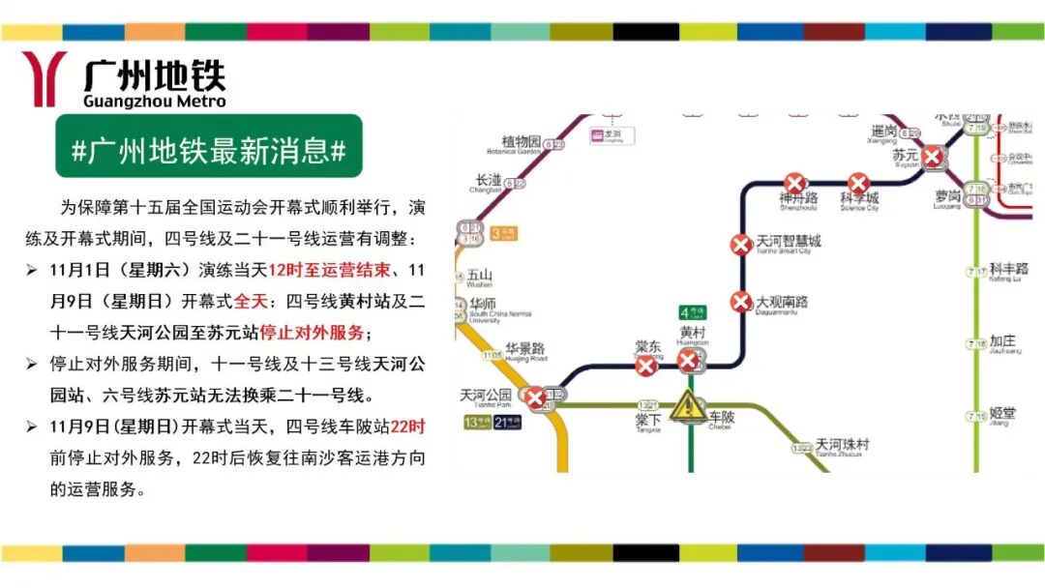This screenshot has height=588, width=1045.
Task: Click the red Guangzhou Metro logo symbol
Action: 44,78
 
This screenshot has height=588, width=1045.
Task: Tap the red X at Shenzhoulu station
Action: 794,183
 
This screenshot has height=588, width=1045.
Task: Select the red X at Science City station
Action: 858,183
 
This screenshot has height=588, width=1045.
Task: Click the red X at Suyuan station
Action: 932,157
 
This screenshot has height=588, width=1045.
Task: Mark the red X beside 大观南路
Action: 740,302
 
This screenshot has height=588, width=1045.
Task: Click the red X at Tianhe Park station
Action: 535,397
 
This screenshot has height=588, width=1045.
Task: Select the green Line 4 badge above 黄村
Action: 693,311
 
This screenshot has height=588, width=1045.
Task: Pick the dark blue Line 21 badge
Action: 509,422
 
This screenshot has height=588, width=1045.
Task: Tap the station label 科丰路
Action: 1008,268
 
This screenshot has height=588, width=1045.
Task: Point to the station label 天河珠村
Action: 842,444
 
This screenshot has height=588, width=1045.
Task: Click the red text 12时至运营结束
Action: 329,268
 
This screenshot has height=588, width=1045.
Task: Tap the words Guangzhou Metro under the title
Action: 155,101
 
